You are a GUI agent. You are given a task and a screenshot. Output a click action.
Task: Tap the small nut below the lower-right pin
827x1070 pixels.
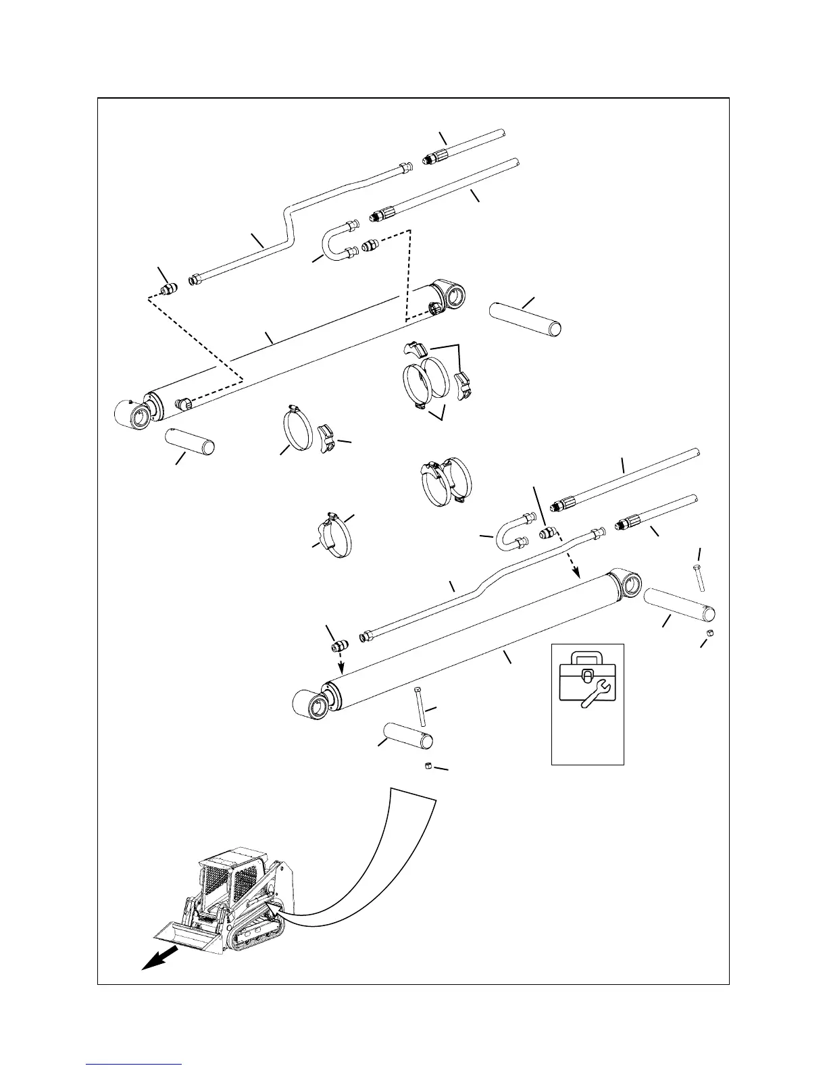point(711,632)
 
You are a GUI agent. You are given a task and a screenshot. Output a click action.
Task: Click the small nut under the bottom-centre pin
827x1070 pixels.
point(428,765)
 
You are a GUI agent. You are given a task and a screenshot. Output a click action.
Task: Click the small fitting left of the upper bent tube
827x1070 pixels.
point(166,290)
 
